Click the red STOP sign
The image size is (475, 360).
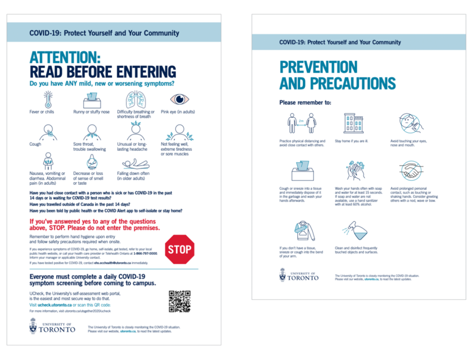coord(180,250)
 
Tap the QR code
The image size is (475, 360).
coord(179,301)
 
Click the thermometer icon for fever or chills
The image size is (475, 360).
coord(48,99)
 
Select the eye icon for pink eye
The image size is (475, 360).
coord(179,99)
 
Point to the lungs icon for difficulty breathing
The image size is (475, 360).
coord(136,99)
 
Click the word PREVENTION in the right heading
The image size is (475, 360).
coord(318,67)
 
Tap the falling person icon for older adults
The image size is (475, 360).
coord(135,163)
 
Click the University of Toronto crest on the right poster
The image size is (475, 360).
coord(283,275)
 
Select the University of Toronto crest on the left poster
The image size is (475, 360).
coord(33,325)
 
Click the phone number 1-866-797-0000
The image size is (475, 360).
coord(145,253)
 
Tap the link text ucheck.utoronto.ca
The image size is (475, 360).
coord(54,305)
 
